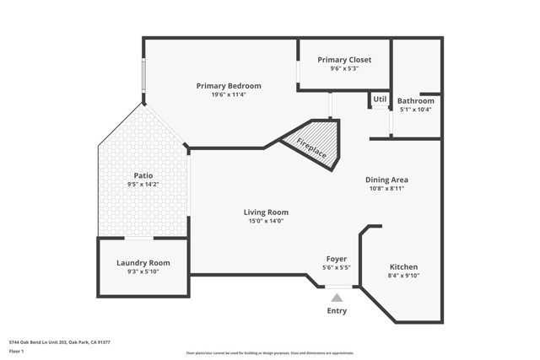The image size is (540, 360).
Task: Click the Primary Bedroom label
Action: tap(228, 86)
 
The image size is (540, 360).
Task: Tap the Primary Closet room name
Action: tap(344, 60)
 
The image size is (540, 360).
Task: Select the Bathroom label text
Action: tap(415, 100)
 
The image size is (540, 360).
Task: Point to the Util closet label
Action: tap(380, 99)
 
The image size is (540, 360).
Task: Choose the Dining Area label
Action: tap(386, 180)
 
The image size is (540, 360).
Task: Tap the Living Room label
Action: tap(266, 212)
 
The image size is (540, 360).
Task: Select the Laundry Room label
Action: tap(143, 263)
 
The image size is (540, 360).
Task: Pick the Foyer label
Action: tap(337, 259)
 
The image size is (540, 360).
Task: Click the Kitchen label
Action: tap(403, 266)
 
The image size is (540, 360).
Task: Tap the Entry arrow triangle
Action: tap(337, 297)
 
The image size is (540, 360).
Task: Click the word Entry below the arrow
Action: tap(337, 311)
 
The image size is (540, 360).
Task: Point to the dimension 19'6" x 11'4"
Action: tap(228, 95)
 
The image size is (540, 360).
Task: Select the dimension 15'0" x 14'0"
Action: tap(266, 222)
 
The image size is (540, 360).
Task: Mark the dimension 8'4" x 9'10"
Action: tap(403, 276)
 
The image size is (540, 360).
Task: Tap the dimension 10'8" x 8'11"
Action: tap(386, 189)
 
